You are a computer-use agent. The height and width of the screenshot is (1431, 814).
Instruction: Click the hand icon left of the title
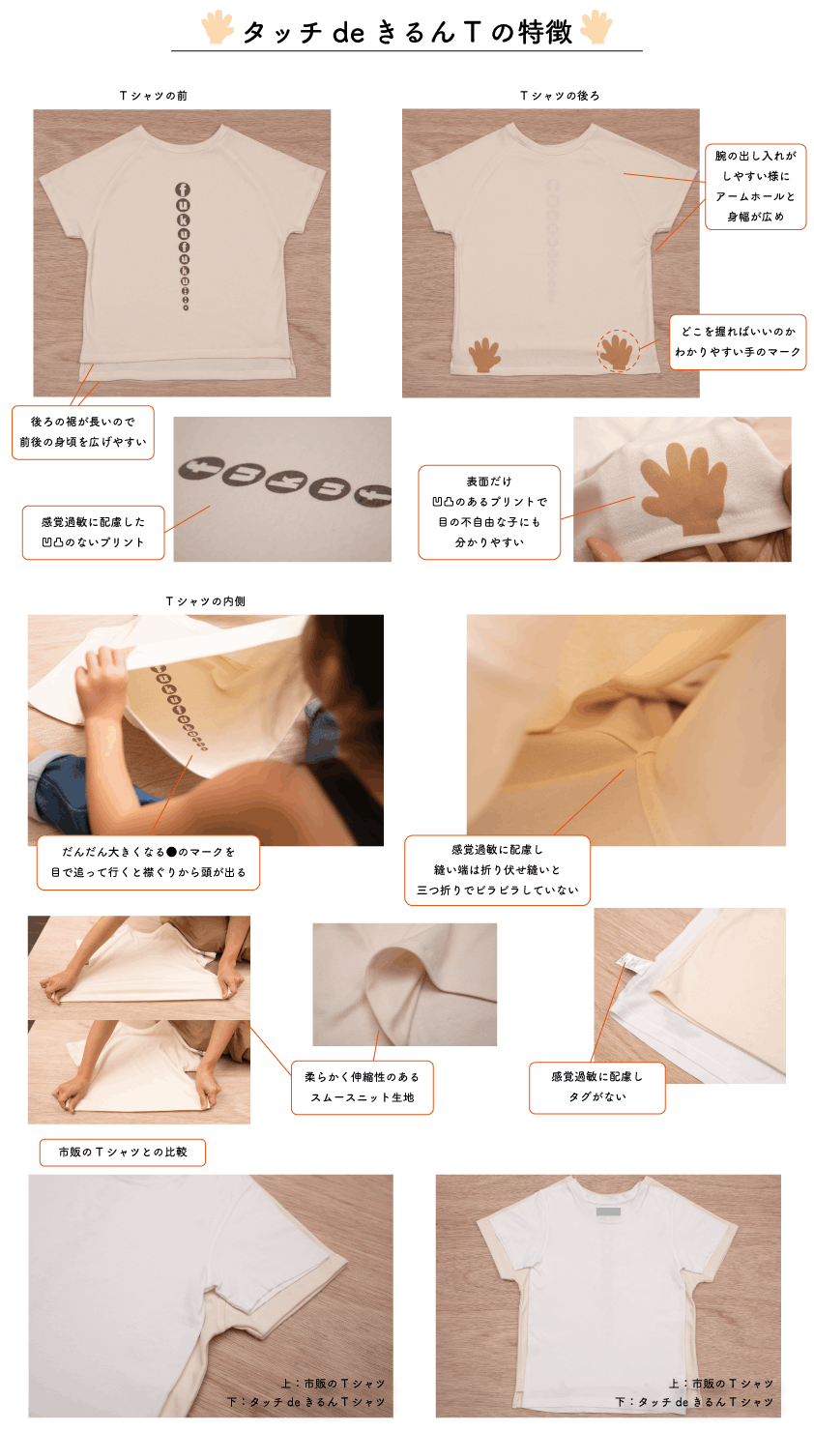pyautogui.click(x=218, y=27)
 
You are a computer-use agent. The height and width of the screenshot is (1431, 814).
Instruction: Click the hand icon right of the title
pyautogui.click(x=596, y=27)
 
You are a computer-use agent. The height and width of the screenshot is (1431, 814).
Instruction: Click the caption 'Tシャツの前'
pyautogui.click(x=154, y=96)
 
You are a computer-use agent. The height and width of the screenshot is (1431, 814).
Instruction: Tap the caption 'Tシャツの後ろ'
pyautogui.click(x=560, y=96)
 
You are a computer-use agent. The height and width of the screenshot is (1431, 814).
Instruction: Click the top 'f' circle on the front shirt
pyautogui.click(x=183, y=190)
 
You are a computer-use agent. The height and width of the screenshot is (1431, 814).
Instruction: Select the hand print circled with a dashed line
pyautogui.click(x=618, y=350)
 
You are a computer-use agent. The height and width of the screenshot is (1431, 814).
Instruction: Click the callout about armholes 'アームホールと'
pyautogui.click(x=755, y=197)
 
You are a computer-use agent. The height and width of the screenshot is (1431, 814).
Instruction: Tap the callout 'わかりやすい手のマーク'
pyautogui.click(x=738, y=352)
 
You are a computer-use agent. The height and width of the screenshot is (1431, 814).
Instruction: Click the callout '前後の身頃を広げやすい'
pyautogui.click(x=83, y=442)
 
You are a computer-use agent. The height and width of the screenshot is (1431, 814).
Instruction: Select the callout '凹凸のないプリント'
pyautogui.click(x=93, y=542)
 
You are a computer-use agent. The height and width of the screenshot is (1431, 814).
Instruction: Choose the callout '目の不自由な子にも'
pyautogui.click(x=489, y=522)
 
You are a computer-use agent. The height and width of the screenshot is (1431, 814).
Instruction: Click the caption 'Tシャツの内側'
pyautogui.click(x=206, y=601)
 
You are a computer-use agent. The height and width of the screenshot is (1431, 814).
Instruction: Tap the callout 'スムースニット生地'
pyautogui.click(x=363, y=1097)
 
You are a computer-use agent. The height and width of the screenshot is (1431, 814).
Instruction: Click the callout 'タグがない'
pyautogui.click(x=597, y=1096)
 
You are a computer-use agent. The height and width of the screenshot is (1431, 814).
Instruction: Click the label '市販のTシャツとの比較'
pyautogui.click(x=123, y=1152)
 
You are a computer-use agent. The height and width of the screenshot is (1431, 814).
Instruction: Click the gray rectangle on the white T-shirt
pyautogui.click(x=608, y=1211)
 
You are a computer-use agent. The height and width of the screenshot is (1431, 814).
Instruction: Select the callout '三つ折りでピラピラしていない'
pyautogui.click(x=498, y=890)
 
